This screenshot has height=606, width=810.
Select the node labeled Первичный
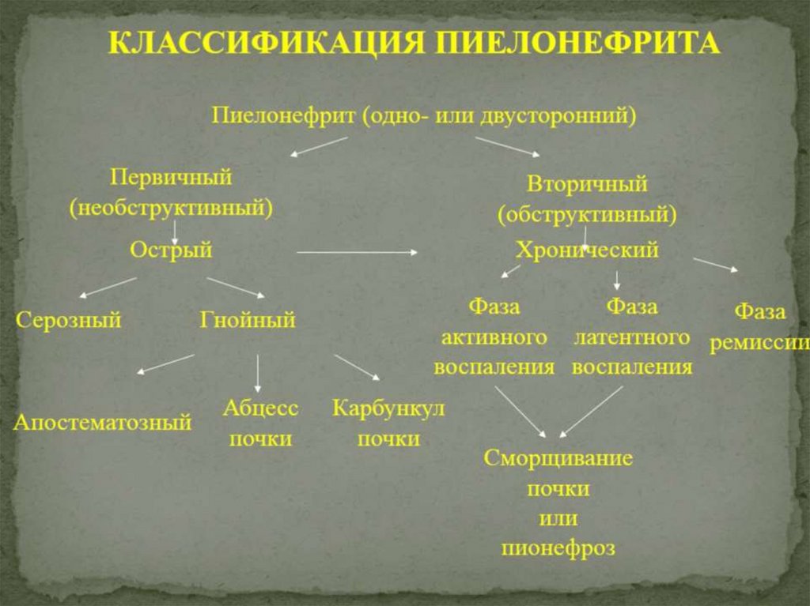tap(171, 177)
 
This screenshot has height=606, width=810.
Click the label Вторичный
tap(587, 184)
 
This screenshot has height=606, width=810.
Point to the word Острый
tap(171, 250)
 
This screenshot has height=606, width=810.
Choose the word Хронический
tap(587, 250)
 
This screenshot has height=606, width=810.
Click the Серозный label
tap(69, 321)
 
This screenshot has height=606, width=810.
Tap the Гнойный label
tap(247, 321)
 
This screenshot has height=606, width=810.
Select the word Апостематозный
tap(102, 423)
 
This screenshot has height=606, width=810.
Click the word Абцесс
tap(260, 408)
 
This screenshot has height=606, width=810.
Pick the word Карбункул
tap(388, 408)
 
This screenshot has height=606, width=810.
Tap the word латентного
tap(631, 337)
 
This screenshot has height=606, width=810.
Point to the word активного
tap(494, 337)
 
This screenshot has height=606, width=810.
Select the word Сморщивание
tap(558, 458)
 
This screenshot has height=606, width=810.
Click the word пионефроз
tap(558, 548)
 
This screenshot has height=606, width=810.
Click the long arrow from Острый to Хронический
tap(358, 252)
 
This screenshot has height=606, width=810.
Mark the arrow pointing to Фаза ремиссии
tap(715, 265)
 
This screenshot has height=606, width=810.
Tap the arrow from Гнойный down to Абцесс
tap(258, 372)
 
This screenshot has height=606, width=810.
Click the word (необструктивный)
tap(171, 208)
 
